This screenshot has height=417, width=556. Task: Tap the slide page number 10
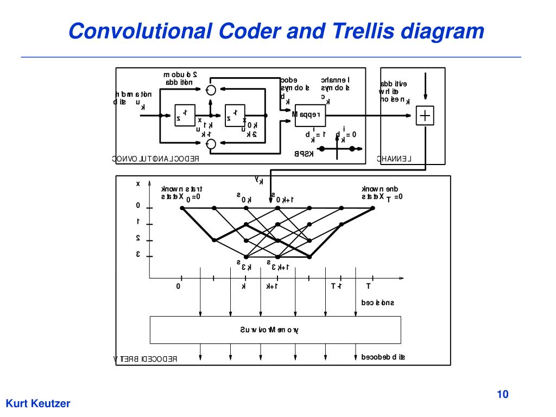pos(502,394)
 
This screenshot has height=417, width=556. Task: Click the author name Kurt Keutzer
pos(38,403)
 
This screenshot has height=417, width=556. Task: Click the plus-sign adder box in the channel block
pos(425,116)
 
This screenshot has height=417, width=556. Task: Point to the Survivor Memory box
pos(275,330)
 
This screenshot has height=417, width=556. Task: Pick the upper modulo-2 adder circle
pos(212,89)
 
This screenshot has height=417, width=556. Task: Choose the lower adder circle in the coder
pos(212,143)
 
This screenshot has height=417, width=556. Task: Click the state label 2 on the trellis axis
pos(138,238)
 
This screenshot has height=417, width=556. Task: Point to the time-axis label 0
pos(178,286)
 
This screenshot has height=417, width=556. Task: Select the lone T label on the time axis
pos(368,286)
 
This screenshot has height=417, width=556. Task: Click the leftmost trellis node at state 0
pos(182,208)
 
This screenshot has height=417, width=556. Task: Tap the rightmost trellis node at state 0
pos(374,208)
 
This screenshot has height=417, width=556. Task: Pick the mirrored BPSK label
pos(304,154)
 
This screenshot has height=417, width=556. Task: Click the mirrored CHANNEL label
pos(395,159)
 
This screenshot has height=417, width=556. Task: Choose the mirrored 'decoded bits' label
pos(383,357)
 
